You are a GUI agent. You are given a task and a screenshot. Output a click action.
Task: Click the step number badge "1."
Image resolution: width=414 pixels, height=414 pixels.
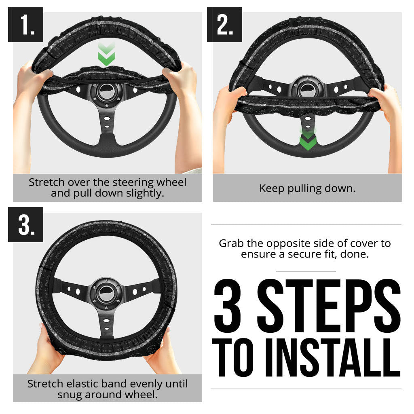(x=25, y=25)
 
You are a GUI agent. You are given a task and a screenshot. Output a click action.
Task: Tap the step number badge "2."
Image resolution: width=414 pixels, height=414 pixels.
(x=224, y=25)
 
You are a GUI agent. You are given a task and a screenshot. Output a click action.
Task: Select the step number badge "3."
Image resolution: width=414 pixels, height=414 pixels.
(x=25, y=224)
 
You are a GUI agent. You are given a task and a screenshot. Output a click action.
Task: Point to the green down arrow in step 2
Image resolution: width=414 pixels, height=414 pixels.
(x=308, y=139)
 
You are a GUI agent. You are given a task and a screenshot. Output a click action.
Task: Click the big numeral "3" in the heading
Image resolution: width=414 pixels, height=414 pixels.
(x=231, y=306)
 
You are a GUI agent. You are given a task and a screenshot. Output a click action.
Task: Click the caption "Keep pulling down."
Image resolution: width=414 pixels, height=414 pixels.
(x=307, y=188)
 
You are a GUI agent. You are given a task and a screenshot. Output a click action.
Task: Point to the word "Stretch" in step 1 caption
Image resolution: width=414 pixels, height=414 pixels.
(x=46, y=182)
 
